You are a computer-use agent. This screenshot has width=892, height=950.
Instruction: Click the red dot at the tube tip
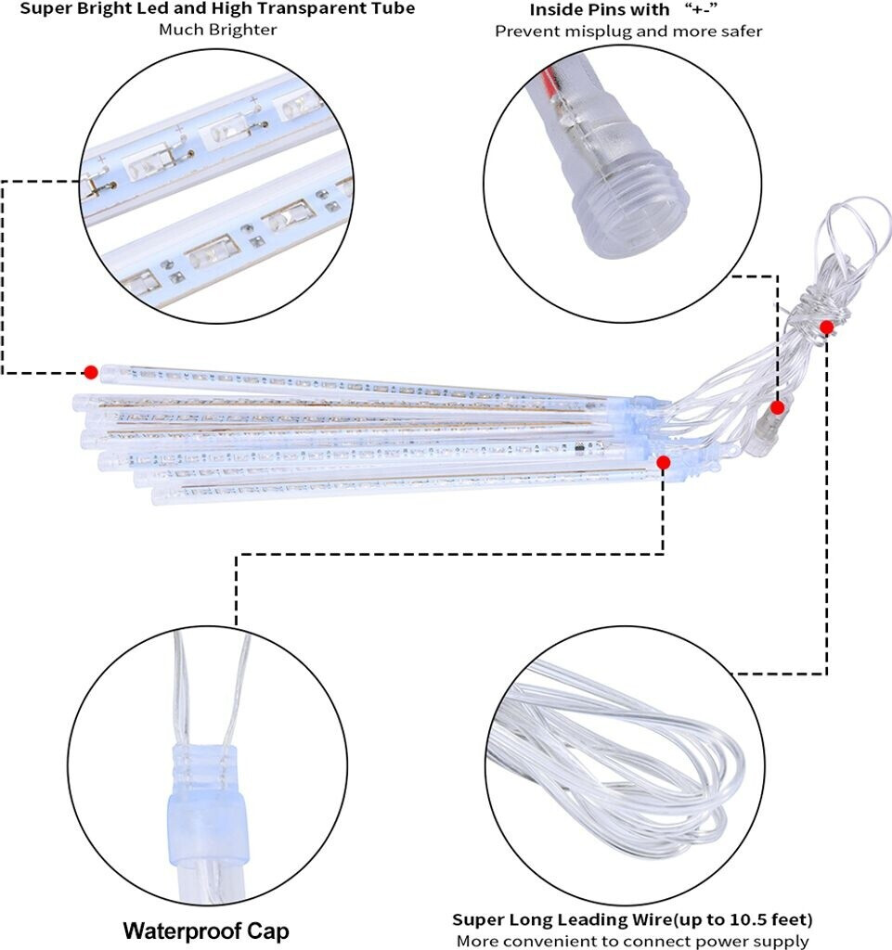click(90, 372)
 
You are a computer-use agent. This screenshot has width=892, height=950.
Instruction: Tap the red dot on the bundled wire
click(826, 327)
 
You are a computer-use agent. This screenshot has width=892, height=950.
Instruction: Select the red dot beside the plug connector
click(778, 407)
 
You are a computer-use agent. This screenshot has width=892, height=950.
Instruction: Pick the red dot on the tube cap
click(663, 462)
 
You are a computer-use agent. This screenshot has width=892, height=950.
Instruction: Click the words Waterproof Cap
click(206, 931)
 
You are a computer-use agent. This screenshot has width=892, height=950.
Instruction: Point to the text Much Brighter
click(218, 30)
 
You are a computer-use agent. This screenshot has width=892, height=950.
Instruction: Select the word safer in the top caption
click(741, 32)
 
